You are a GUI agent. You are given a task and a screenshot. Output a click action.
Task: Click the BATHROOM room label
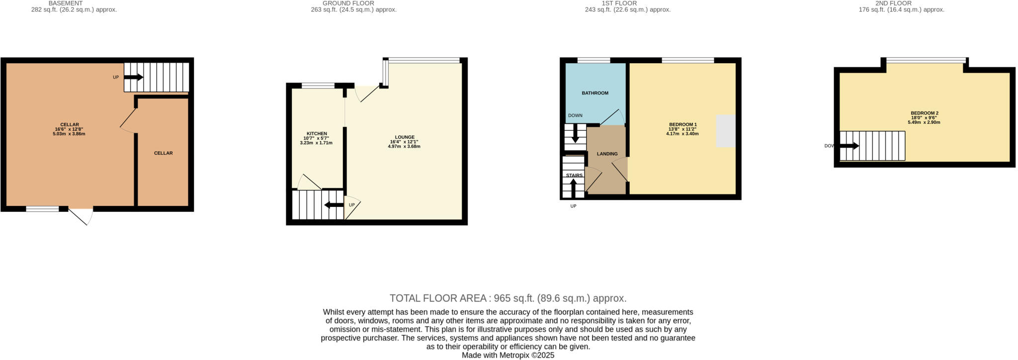[595, 93]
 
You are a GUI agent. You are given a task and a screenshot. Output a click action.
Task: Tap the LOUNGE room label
[405, 137]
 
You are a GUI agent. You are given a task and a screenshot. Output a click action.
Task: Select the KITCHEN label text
[317, 134]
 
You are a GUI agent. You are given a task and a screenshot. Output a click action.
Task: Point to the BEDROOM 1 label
[682, 124]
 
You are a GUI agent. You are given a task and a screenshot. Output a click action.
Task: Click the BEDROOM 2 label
[924, 113]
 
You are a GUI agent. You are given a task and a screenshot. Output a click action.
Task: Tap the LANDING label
[607, 154]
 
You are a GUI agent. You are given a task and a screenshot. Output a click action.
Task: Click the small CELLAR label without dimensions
[163, 153]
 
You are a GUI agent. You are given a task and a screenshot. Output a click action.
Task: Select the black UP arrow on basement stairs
[134, 78]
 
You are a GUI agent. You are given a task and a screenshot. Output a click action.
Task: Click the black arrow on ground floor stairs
[334, 205]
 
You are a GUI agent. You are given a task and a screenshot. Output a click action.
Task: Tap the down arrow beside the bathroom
[576, 133]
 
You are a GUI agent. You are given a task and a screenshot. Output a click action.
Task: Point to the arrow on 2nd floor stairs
[849, 146]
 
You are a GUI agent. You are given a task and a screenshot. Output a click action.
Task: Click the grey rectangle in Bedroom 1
[725, 131]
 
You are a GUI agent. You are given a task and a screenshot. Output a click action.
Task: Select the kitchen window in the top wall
[318, 86]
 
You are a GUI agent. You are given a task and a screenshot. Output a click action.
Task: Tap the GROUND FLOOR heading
[348, 3]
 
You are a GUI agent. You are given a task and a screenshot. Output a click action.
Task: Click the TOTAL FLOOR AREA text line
[508, 298]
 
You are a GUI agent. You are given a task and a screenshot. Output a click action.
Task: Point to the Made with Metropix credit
[508, 356]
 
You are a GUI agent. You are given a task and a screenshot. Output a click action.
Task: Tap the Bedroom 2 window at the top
[926, 61]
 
